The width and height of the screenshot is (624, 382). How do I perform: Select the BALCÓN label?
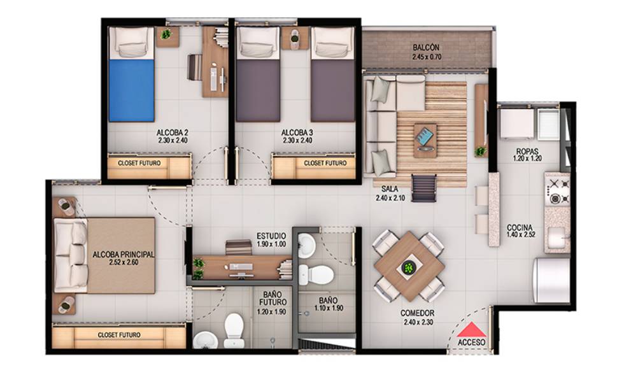426,48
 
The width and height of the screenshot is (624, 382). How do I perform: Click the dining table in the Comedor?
409,267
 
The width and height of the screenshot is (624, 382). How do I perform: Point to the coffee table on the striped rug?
425,139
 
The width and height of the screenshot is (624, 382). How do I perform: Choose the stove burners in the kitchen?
558,192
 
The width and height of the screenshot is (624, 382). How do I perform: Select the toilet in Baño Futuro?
234,330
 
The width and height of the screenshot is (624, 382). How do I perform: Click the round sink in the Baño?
306,244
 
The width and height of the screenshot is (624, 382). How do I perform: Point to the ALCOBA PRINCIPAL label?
124,254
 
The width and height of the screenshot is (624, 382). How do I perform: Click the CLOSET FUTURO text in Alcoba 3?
325,163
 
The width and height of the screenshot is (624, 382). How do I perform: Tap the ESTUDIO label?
271,236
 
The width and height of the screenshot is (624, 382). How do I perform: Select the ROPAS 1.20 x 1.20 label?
527,155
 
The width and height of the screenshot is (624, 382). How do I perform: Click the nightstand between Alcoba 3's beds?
295,38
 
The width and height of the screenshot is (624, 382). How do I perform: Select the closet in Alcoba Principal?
119,336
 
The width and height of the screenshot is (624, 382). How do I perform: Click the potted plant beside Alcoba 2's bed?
166,34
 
